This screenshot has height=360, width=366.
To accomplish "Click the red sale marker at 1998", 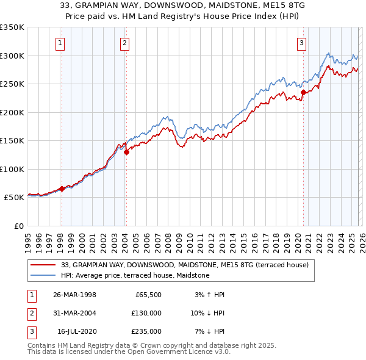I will (x=62, y=189).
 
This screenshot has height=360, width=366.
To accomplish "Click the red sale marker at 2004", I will (x=126, y=153).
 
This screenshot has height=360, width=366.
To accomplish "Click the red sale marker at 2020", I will (x=303, y=93).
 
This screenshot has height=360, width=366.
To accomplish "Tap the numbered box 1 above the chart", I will (x=61, y=43).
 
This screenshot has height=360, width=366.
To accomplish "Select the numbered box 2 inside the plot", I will (x=124, y=43).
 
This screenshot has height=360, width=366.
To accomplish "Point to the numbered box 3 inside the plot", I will (x=301, y=43).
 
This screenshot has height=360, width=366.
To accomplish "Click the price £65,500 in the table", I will (x=148, y=295).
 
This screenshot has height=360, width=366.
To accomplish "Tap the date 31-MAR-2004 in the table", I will (x=74, y=313).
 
